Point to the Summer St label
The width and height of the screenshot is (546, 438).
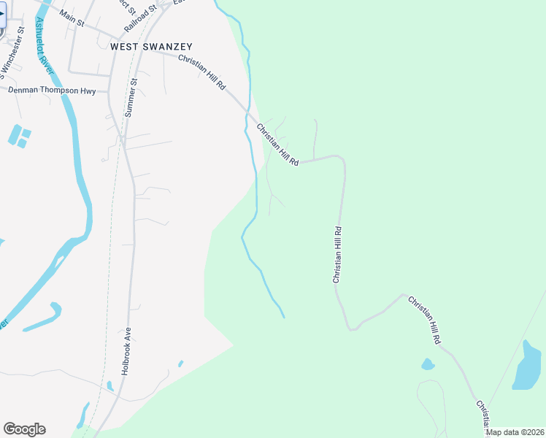pyautogui.click(x=131, y=99)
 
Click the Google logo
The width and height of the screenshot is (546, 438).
pyautogui.click(x=24, y=429)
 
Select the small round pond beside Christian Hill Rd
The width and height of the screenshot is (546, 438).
pyautogui.click(x=428, y=364)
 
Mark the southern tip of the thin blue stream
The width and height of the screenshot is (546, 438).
pyautogui.click(x=283, y=316)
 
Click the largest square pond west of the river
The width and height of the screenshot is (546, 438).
pyautogui.click(x=15, y=134)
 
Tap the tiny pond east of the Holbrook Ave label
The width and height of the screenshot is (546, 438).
pyautogui.click(x=180, y=363)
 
